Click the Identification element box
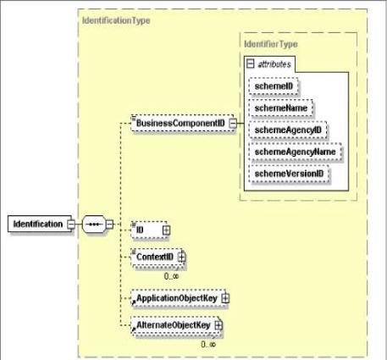pos(37,224)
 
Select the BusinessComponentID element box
pos(180,125)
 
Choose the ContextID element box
pos(154,256)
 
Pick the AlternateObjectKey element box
pos(174,324)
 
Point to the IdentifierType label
pos(269,42)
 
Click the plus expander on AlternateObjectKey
pos(218,324)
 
